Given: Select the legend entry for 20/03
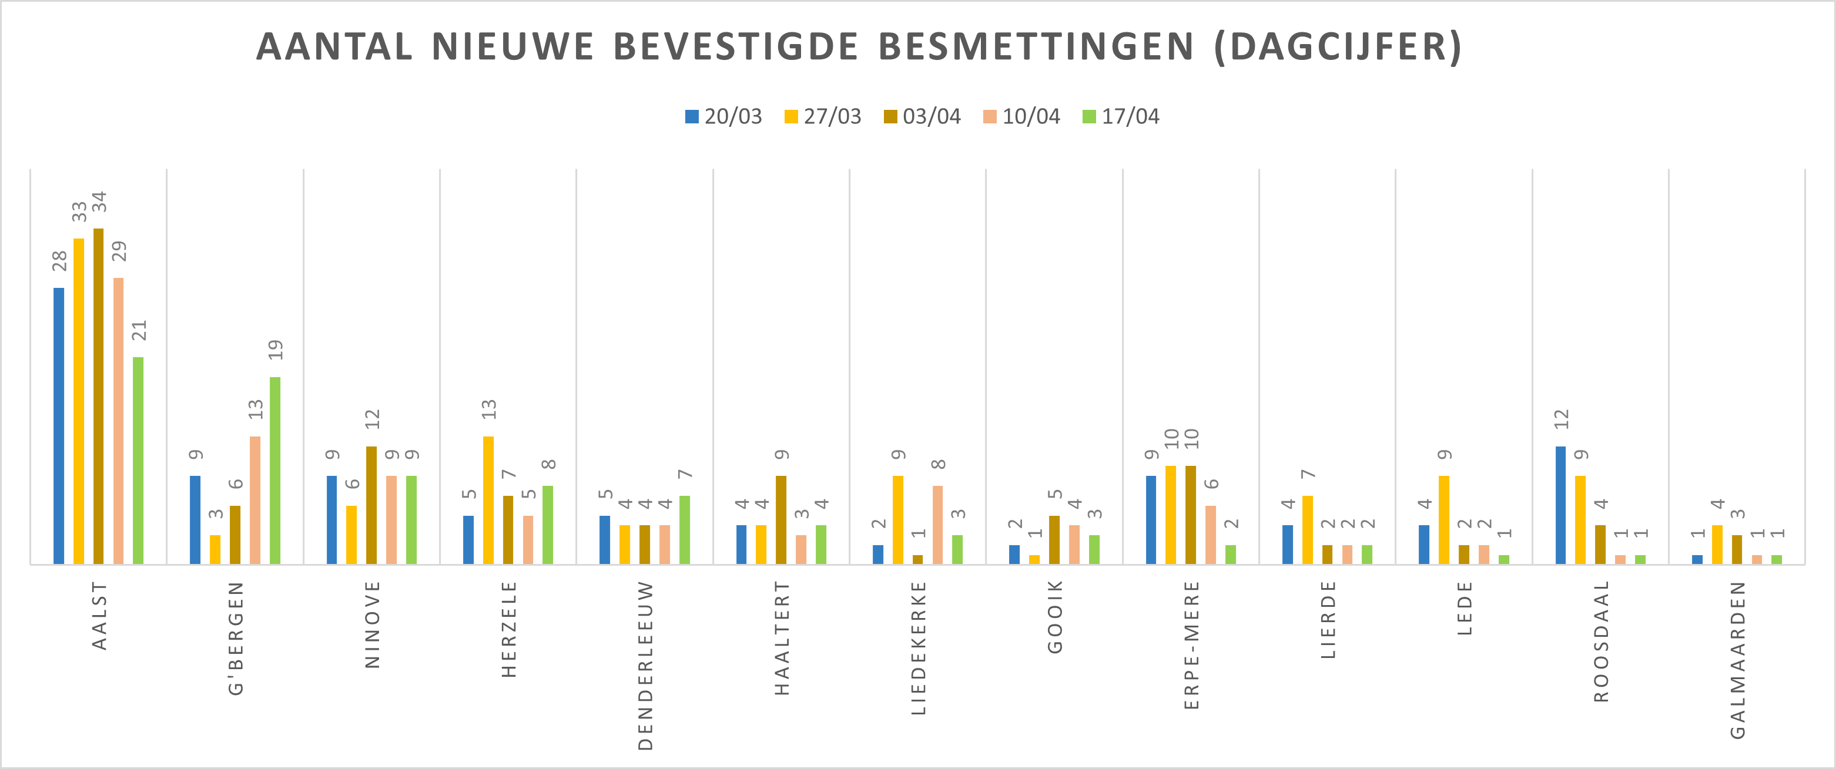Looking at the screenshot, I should [x=723, y=116].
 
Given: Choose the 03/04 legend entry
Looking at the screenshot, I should [x=922, y=116].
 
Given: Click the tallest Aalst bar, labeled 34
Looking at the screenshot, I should [x=98, y=397].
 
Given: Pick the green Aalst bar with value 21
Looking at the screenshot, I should [x=138, y=461].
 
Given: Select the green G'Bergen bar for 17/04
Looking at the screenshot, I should [x=275, y=471].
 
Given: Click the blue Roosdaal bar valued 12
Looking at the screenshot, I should [x=1560, y=505].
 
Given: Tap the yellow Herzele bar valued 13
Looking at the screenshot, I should [x=488, y=501].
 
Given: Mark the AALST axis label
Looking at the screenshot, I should [x=99, y=615].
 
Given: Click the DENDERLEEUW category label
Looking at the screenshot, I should [x=645, y=665].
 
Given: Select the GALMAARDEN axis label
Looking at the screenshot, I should [x=1738, y=659].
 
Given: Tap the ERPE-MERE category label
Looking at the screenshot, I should [x=1192, y=645].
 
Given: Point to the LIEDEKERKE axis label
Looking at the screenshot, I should [x=918, y=648].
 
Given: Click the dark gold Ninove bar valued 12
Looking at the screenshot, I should [x=371, y=505].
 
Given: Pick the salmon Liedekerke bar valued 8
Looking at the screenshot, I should [x=937, y=525].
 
